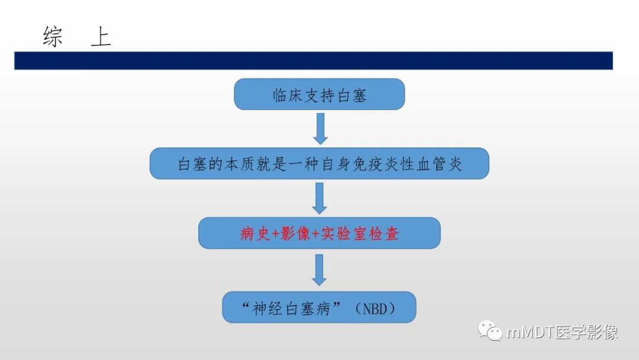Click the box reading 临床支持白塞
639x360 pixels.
click(x=319, y=95)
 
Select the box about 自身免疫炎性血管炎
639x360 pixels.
click(x=319, y=163)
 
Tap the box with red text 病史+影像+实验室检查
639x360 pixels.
click(x=319, y=233)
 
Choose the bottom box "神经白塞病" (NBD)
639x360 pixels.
click(x=319, y=307)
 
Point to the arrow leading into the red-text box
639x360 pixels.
click(x=319, y=198)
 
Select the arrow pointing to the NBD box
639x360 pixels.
click(x=319, y=270)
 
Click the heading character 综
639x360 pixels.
click(x=53, y=37)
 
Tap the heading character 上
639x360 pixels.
click(x=101, y=37)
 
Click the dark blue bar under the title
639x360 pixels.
click(x=313, y=60)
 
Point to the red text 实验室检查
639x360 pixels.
click(x=359, y=234)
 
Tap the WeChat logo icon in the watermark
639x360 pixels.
click(x=490, y=331)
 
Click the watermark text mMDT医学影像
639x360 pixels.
click(x=562, y=332)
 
